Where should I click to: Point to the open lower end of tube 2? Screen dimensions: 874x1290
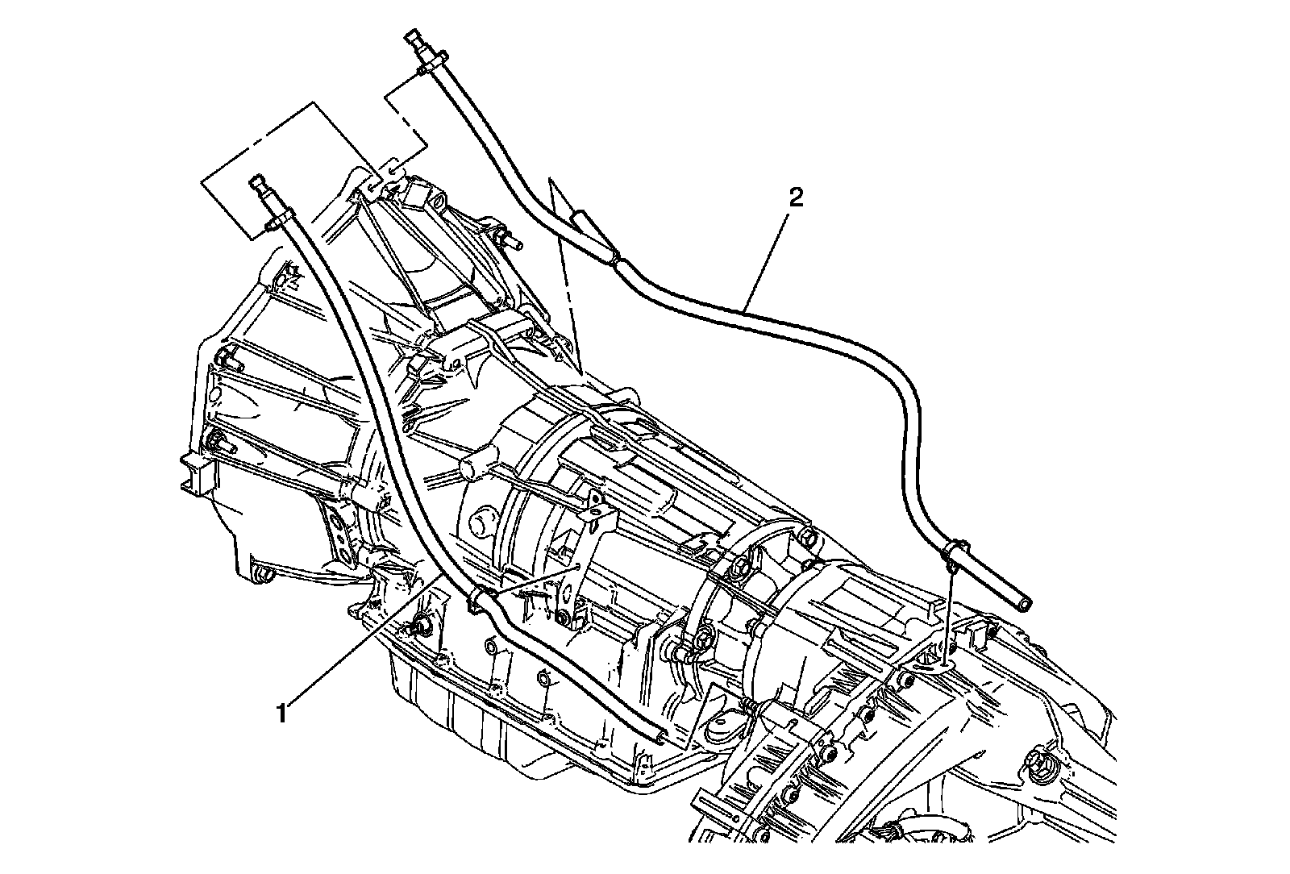[x=1024, y=603]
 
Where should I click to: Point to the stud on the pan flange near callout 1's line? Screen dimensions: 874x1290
[x=419, y=621]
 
